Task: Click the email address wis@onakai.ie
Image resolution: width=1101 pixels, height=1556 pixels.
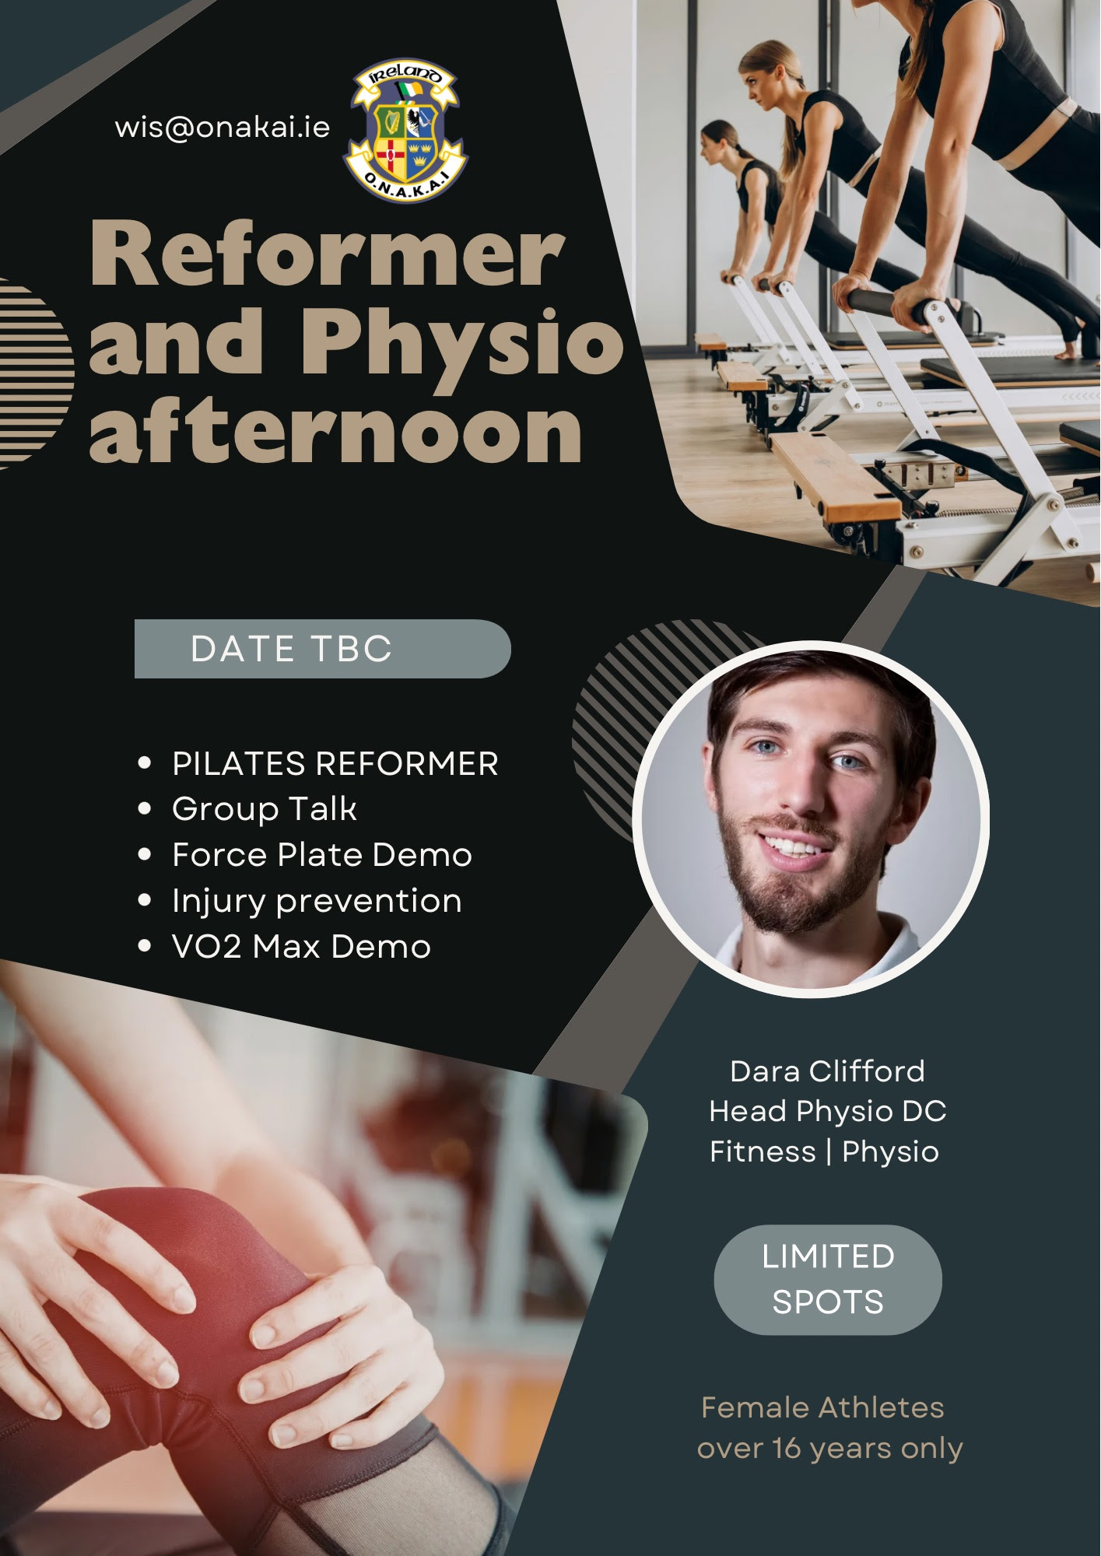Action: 223,128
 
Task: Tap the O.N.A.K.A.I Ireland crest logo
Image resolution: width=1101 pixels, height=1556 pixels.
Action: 405,131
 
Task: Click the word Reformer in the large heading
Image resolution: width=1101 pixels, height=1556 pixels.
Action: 328,254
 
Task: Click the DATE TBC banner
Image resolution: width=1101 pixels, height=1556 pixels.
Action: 322,649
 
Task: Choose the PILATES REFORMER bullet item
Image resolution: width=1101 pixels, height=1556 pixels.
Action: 335,764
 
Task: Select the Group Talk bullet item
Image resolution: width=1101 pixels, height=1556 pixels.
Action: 265,809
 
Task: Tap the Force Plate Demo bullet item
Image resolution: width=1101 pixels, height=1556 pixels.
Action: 322,855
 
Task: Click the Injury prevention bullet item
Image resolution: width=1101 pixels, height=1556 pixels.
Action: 317,902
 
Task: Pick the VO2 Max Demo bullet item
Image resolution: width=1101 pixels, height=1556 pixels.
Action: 301,947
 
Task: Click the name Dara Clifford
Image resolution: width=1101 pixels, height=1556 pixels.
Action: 827,1071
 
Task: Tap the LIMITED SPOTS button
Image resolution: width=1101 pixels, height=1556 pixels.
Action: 828,1280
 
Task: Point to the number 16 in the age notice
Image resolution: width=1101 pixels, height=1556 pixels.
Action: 787,1449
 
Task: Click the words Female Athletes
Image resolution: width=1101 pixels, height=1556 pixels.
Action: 822,1407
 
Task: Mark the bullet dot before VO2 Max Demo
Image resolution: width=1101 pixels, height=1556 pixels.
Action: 144,947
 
